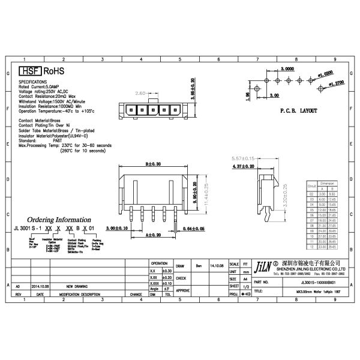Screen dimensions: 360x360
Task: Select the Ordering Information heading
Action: (x=60, y=220)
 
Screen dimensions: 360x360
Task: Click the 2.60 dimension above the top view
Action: (x=141, y=93)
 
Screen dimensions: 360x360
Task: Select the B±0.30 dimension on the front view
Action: (x=154, y=163)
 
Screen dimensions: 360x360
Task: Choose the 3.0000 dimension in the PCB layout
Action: (x=287, y=69)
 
